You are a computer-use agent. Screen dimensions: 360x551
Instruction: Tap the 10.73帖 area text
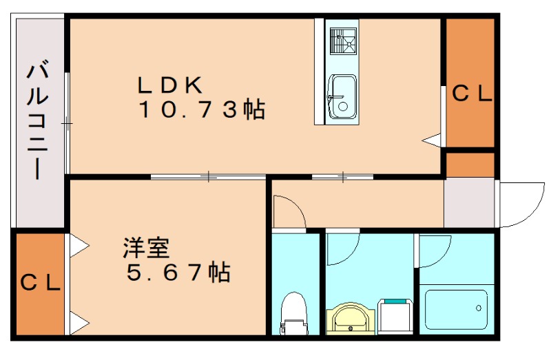coord(202,109)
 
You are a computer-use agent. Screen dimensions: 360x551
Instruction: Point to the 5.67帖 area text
coord(177,273)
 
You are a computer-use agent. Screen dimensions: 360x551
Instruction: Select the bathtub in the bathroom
coord(457,310)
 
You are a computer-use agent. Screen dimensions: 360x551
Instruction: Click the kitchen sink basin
coord(341,96)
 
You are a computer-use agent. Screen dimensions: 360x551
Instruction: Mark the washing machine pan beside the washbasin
coord(395,316)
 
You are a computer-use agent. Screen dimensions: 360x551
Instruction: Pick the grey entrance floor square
coord(469,202)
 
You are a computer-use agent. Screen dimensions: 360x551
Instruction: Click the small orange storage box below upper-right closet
coord(470,165)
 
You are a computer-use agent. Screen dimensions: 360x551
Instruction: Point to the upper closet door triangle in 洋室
coord(78,244)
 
